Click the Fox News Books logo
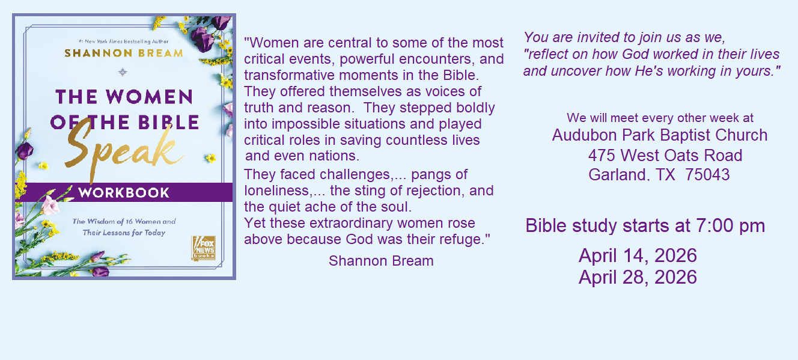204,248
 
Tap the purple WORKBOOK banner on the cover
124,192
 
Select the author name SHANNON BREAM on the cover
124,53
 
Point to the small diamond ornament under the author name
123,72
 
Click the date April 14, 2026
638,256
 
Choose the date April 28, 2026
638,278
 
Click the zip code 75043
707,175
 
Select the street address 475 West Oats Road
665,156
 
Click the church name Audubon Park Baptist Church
660,135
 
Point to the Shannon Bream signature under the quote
381,261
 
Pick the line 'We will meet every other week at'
660,118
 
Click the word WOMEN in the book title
149,97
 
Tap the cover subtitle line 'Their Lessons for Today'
124,233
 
